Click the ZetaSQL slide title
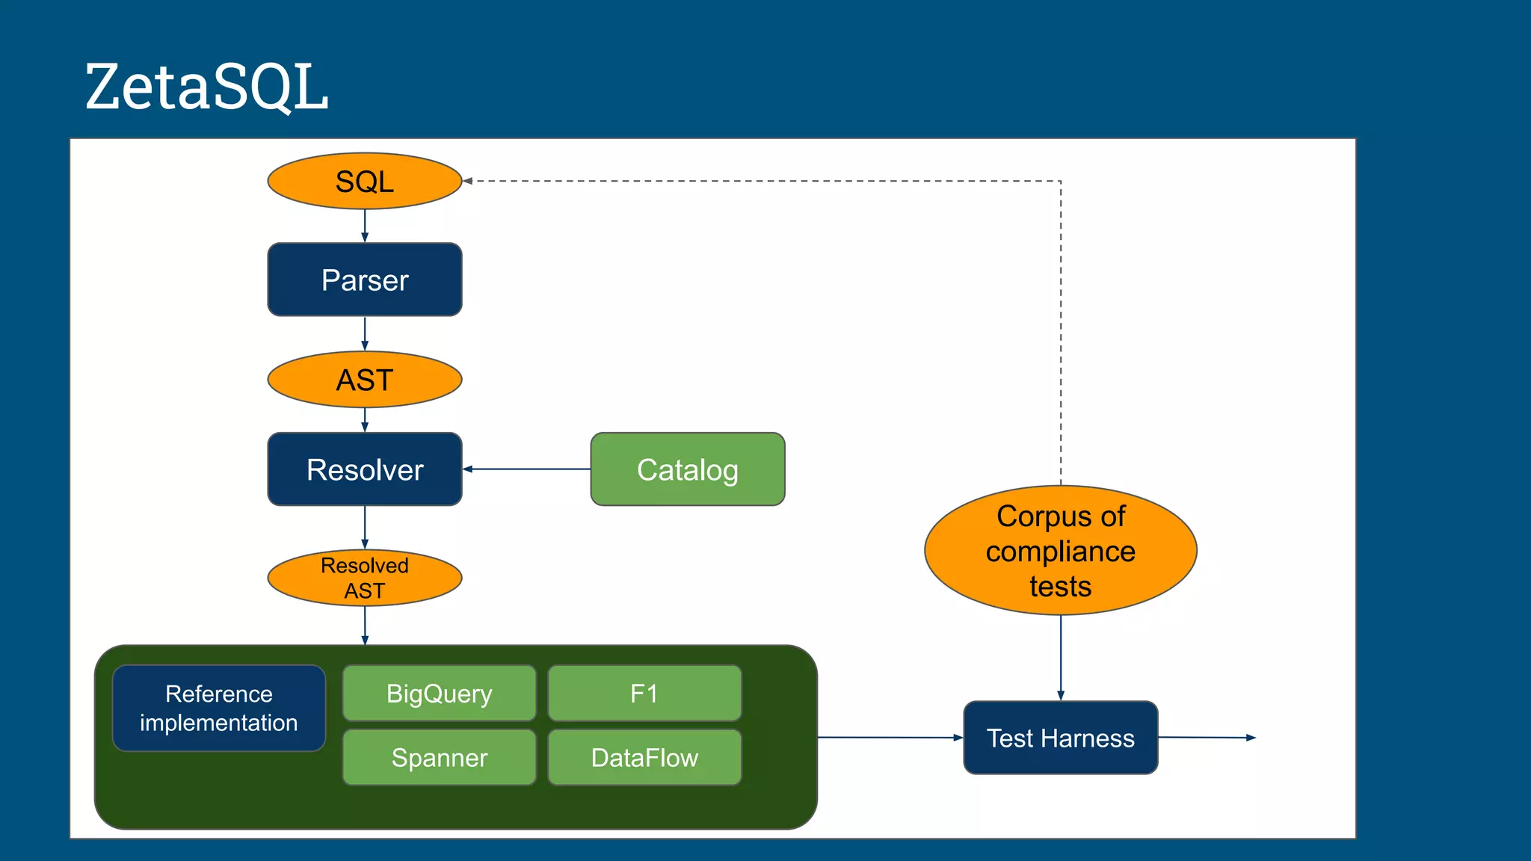[206, 87]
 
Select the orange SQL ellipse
[365, 181]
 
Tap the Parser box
[365, 280]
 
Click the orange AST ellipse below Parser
[365, 380]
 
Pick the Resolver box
[365, 469]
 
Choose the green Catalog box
[687, 469]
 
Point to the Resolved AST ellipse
[365, 578]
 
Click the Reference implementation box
[219, 708]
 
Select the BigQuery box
[439, 693]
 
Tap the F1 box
[644, 693]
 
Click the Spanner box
[439, 757]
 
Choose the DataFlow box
[644, 757]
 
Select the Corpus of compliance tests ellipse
[1060, 551]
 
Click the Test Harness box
[1060, 738]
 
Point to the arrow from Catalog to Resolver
[526, 469]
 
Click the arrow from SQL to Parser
[365, 226]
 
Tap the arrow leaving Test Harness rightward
[1207, 738]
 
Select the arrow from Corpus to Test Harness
[1060, 658]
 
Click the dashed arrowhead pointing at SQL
[467, 181]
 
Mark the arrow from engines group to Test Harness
[890, 738]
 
